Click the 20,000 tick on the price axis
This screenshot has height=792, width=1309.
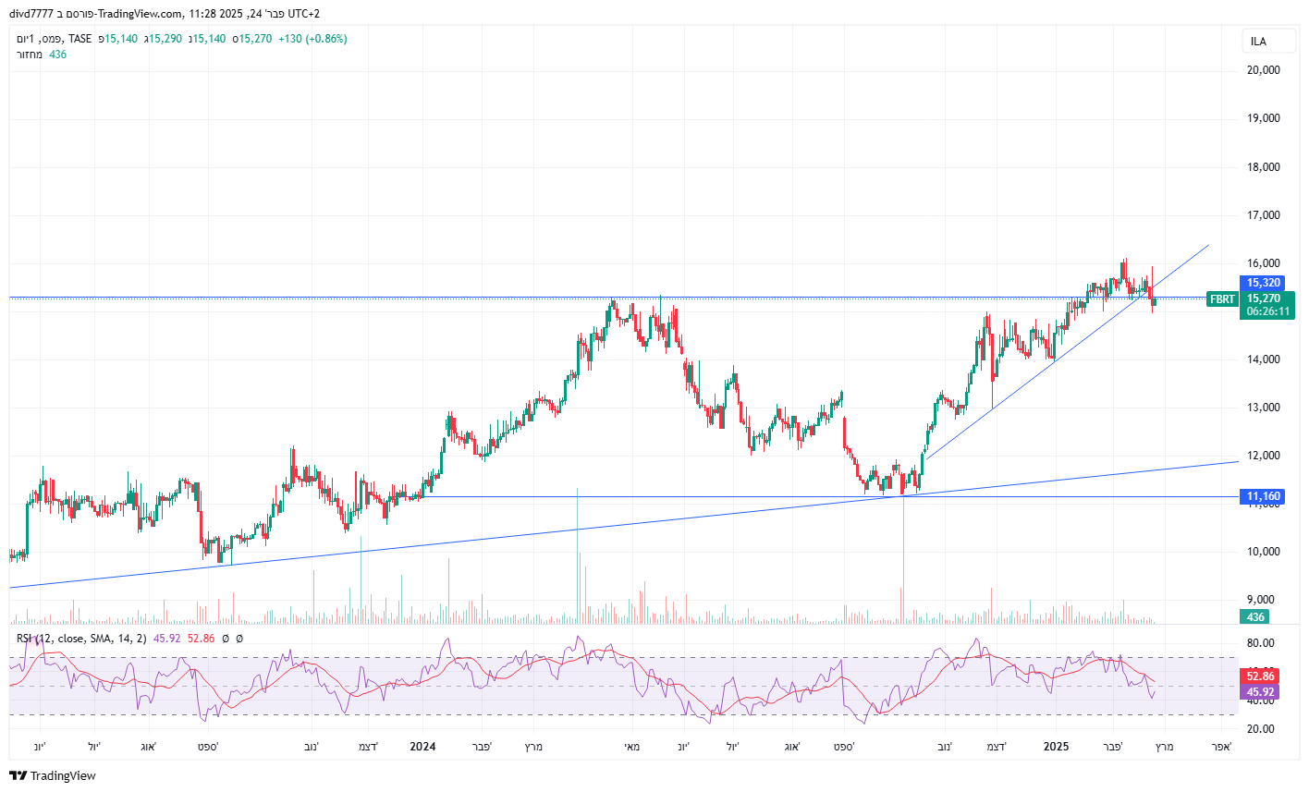coord(1263,70)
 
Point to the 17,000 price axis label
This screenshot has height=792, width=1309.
coord(1263,215)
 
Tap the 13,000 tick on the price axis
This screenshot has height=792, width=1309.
coord(1263,408)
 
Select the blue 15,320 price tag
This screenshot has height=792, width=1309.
coord(1264,284)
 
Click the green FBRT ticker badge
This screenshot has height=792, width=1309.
coord(1222,299)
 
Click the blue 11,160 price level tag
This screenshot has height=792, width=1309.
coord(1264,497)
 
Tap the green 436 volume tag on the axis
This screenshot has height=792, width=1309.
coord(1255,617)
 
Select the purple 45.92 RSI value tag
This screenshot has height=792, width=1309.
coord(1261,692)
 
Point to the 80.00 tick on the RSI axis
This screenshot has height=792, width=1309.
coord(1261,643)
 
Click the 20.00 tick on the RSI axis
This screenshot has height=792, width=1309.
coord(1261,729)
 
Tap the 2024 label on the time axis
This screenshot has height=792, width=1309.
coord(422,747)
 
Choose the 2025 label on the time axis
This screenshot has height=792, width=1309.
coord(1056,747)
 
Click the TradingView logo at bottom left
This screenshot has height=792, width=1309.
coord(54,776)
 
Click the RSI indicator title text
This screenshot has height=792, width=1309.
coord(81,639)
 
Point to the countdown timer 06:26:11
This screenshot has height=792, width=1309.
coord(1268,312)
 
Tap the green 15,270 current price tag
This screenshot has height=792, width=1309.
coord(1264,299)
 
